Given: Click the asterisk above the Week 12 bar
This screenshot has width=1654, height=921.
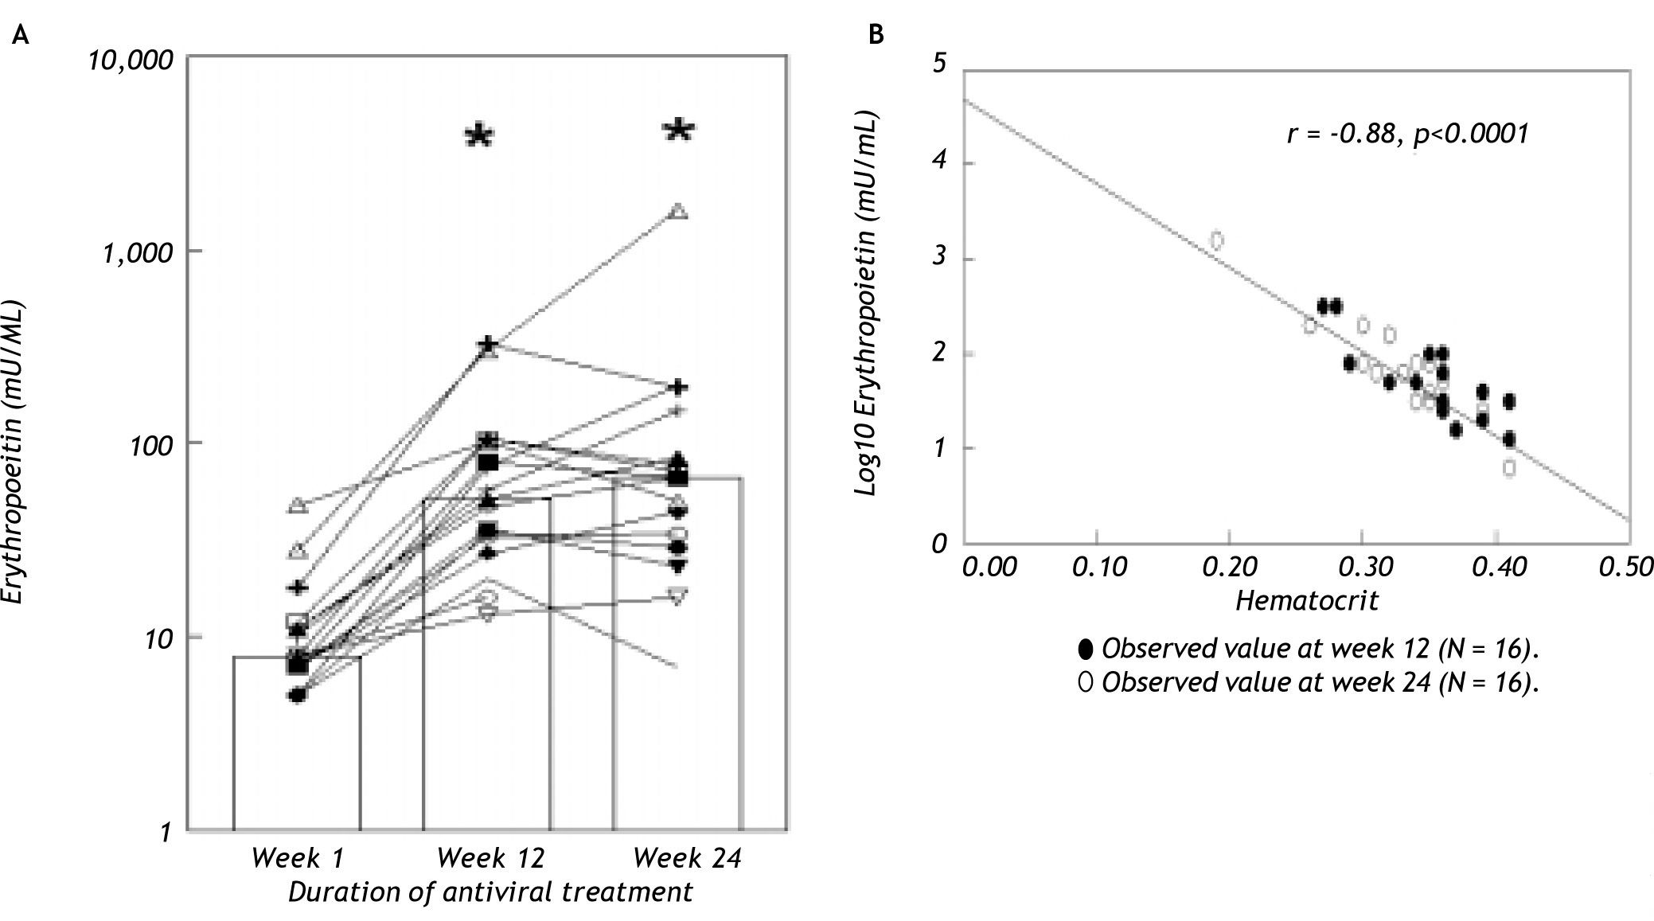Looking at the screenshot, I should pyautogui.click(x=479, y=135).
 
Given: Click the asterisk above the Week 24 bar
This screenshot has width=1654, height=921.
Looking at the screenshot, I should pyautogui.click(x=680, y=130).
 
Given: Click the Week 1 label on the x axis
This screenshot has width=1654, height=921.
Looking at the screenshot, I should pyautogui.click(x=297, y=858).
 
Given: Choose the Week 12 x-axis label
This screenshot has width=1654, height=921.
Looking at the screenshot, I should pyautogui.click(x=491, y=858).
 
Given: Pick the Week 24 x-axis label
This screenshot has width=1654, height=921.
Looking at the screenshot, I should pyautogui.click(x=687, y=858).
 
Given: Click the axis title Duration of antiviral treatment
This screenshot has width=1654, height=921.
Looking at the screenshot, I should pyautogui.click(x=490, y=892).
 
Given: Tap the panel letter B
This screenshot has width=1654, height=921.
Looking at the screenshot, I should pyautogui.click(x=876, y=35).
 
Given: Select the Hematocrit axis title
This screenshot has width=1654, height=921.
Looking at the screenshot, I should pyautogui.click(x=1306, y=599).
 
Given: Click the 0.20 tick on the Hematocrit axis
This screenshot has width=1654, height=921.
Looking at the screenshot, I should pyautogui.click(x=1231, y=567).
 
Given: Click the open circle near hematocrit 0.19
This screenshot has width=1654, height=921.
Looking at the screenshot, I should pyautogui.click(x=1216, y=240).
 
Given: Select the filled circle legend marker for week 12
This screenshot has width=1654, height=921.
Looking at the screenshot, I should pyautogui.click(x=1086, y=649).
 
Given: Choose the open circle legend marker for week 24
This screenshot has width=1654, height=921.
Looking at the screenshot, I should pyautogui.click(x=1086, y=682).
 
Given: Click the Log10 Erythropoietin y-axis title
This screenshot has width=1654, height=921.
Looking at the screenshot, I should pyautogui.click(x=866, y=306).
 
